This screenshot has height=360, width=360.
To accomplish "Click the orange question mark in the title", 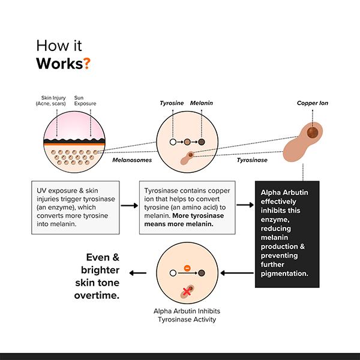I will click(87, 64).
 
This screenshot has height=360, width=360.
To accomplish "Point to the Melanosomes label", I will click(131, 160).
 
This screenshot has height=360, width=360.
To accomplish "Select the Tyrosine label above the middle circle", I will click(172, 103).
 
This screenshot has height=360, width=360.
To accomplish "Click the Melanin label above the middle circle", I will click(201, 103).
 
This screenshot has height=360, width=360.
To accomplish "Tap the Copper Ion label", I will click(312, 103).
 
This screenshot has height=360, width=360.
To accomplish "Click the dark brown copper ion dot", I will click(311, 132).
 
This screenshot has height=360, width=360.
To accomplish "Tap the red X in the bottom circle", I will click(187, 291).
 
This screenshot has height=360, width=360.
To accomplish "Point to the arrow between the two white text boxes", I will click(129, 206).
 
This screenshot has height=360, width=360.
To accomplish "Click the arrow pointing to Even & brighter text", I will click(139, 274).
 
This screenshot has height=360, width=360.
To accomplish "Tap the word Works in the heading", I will click(59, 64).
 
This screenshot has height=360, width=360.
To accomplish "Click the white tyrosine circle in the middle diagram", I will click(173, 143).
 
